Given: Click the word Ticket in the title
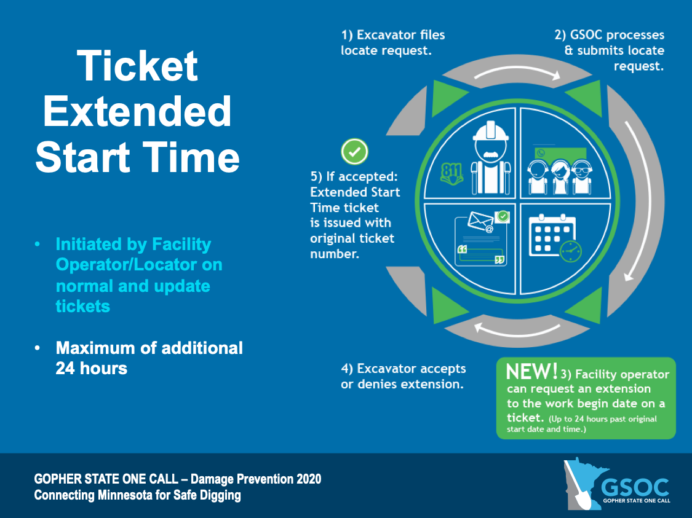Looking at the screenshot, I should (137, 66).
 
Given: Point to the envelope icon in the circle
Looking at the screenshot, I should (481, 222).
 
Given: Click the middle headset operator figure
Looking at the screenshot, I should (559, 175).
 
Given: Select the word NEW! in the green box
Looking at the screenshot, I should (531, 372).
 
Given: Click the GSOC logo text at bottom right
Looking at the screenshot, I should (635, 486).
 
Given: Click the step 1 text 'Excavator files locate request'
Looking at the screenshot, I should (392, 42).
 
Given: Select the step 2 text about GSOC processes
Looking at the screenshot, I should (609, 50).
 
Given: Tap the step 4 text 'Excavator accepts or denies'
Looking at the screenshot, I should (403, 377).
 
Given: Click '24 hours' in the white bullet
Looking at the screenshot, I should (91, 368).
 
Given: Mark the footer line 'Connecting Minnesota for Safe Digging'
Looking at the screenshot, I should (137, 495).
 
